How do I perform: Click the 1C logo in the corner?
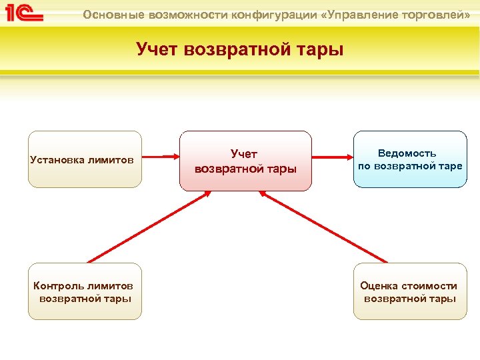[25, 13]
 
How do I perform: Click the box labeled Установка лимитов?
[85, 159]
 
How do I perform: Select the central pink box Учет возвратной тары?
[245, 161]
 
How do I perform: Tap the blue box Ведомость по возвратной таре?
[409, 159]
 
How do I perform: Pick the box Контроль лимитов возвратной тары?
[85, 291]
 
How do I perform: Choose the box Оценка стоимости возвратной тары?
[409, 291]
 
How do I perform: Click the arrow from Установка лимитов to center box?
[161, 158]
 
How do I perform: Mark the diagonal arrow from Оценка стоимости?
[323, 226]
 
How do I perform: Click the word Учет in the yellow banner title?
[157, 49]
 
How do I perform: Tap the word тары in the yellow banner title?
[319, 49]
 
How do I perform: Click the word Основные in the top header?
[110, 15]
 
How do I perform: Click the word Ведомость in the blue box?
[407, 153]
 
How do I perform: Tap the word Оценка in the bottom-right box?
[379, 285]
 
